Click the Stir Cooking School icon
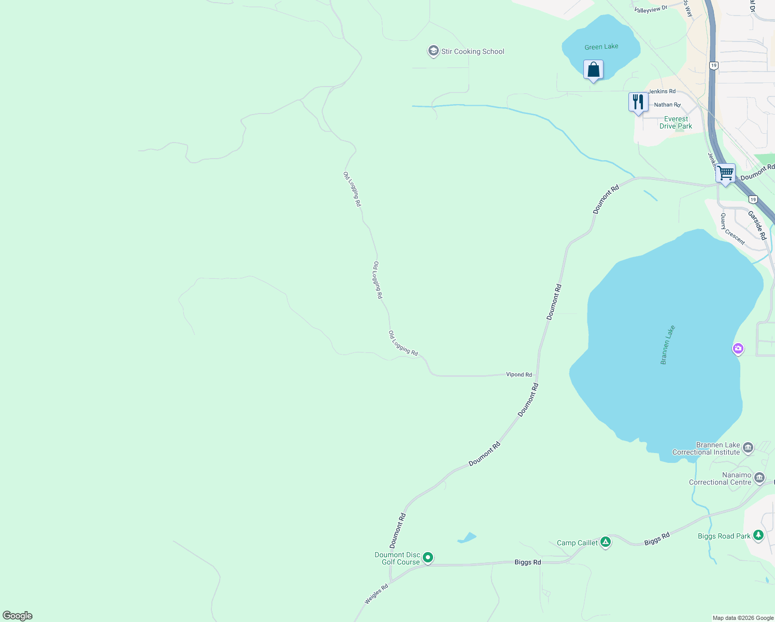[433, 51]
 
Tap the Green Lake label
[601, 47]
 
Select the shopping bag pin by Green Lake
[593, 70]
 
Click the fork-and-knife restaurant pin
[638, 102]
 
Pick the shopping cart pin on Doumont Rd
[725, 173]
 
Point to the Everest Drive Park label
[676, 122]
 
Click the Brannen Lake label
[668, 345]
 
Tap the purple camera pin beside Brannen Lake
[738, 349]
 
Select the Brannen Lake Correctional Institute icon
[748, 447]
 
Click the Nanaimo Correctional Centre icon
[759, 477]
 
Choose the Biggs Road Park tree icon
[758, 535]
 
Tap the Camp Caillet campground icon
[606, 542]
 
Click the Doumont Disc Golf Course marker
[427, 558]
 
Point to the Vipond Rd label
[519, 374]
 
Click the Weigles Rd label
[376, 594]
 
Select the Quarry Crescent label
[733, 229]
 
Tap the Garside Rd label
[757, 224]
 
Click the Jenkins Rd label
[662, 91]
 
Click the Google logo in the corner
[18, 616]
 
